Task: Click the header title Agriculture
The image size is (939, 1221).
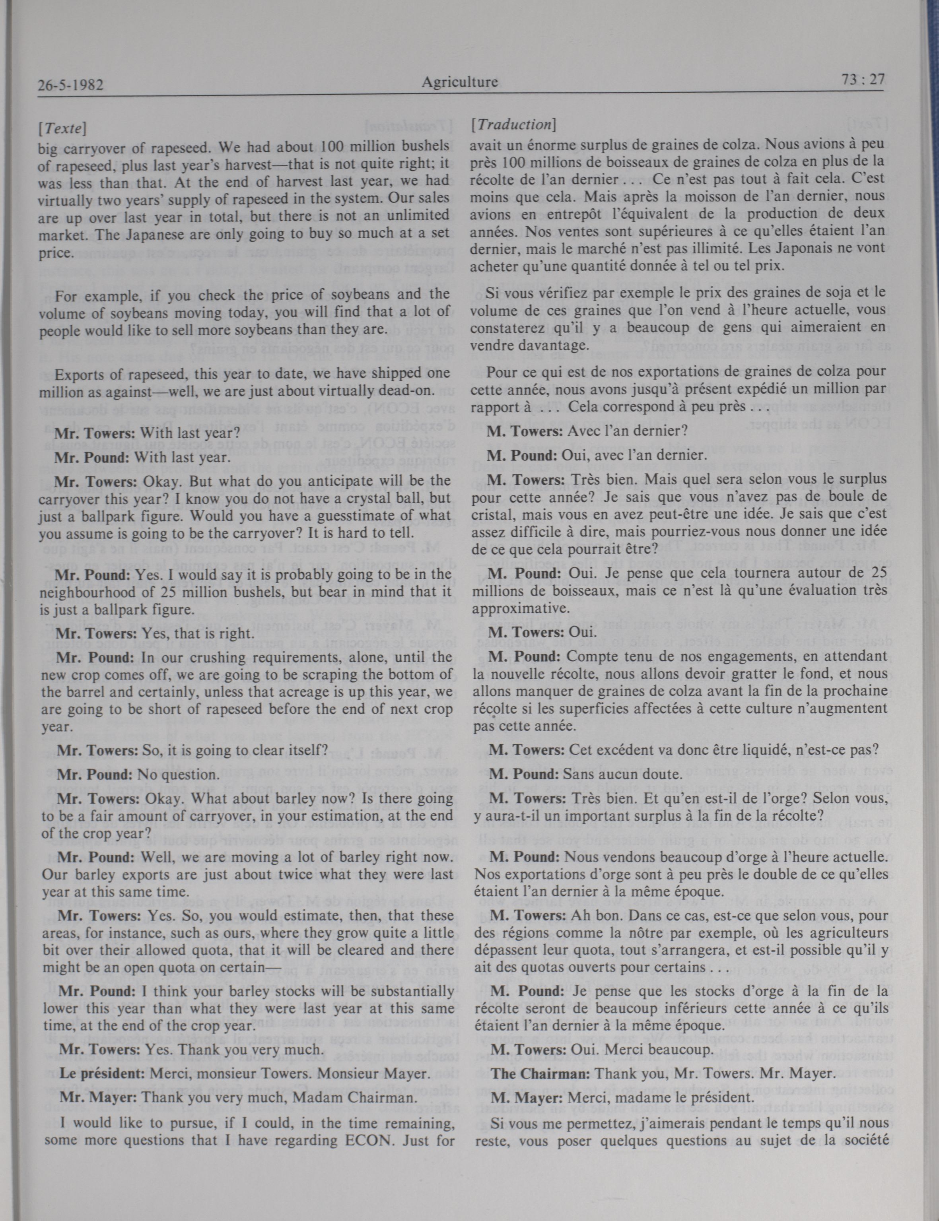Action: (x=459, y=83)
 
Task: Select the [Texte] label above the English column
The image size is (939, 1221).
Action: (x=62, y=128)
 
